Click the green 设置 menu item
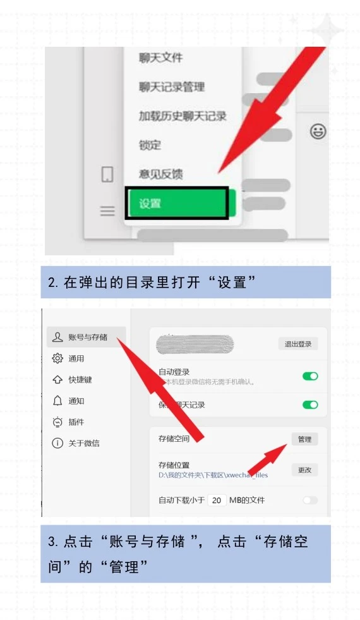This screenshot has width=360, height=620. pyautogui.click(x=176, y=204)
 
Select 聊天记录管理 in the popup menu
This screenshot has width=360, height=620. pyautogui.click(x=171, y=87)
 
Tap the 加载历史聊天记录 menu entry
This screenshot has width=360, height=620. pyautogui.click(x=183, y=116)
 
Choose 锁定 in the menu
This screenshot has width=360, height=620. pyautogui.click(x=150, y=145)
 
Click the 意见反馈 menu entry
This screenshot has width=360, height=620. pyautogui.click(x=161, y=173)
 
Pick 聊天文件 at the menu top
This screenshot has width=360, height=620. pyautogui.click(x=160, y=58)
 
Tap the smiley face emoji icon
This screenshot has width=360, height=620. pyautogui.click(x=318, y=131)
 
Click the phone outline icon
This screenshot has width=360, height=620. pyautogui.click(x=107, y=174)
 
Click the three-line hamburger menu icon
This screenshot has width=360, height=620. pyautogui.click(x=107, y=211)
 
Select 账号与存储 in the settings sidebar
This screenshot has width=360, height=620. pyautogui.click(x=87, y=337)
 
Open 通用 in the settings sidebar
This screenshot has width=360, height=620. pyautogui.click(x=76, y=358)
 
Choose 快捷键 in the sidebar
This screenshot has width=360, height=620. pyautogui.click(x=80, y=380)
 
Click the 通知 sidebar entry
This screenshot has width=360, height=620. pyautogui.click(x=76, y=401)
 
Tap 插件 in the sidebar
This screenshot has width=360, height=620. pyautogui.click(x=76, y=422)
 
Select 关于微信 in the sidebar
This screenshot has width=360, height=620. pyautogui.click(x=83, y=443)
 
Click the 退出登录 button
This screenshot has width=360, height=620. pyautogui.click(x=298, y=344)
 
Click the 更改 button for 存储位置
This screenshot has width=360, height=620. pyautogui.click(x=304, y=470)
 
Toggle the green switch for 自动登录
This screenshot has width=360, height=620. pyautogui.click(x=310, y=376)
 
